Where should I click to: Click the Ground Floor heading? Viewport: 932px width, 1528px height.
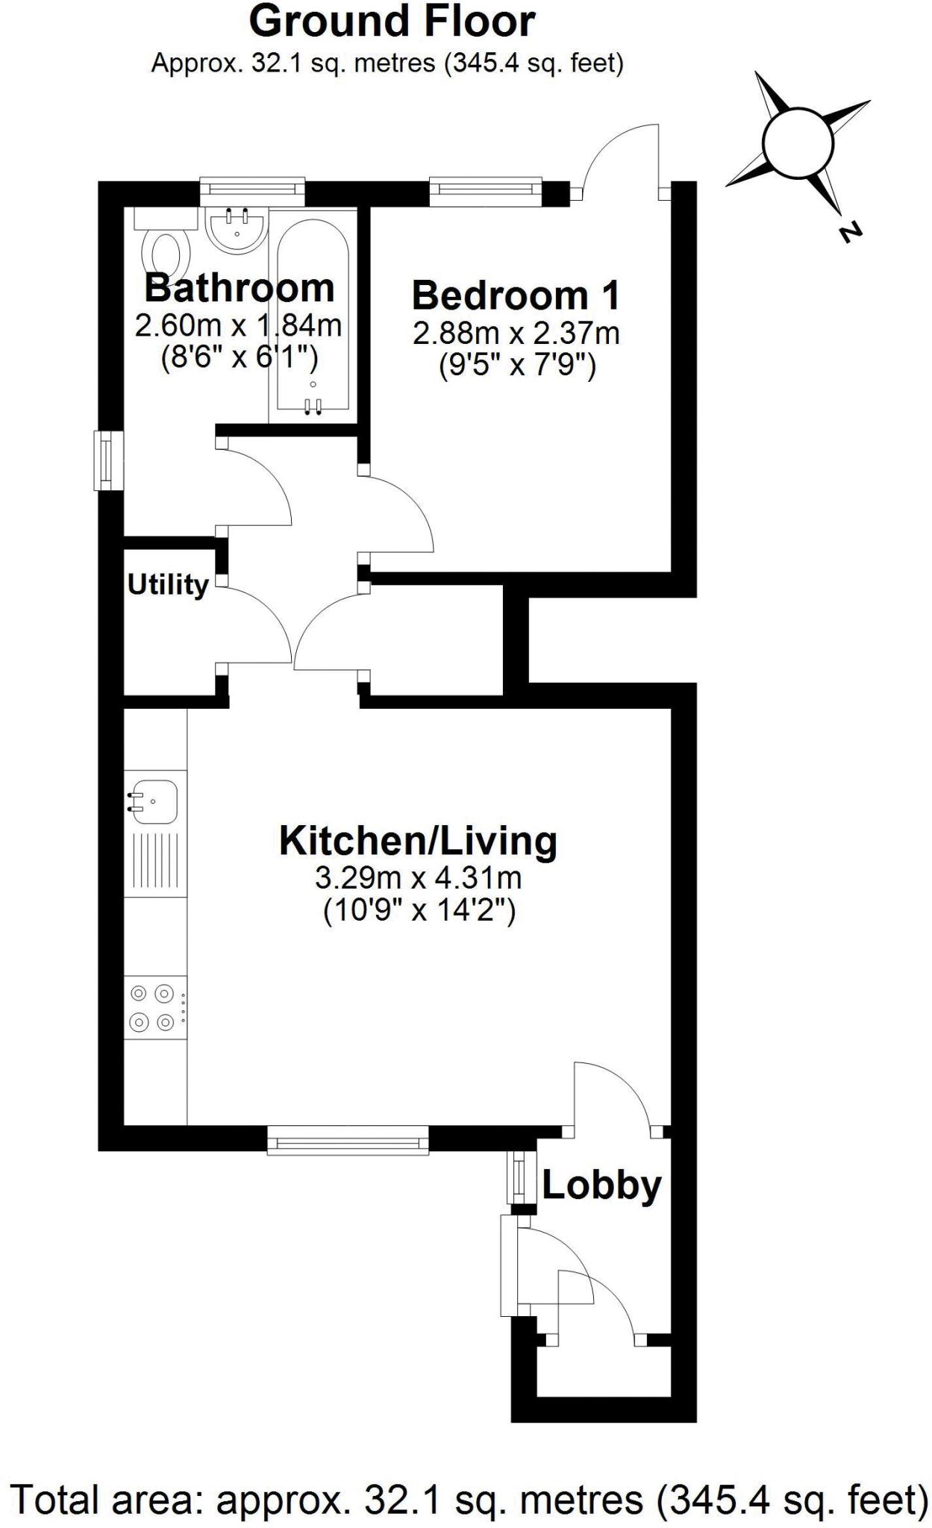pos(392,22)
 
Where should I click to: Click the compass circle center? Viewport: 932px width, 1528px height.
pos(798,142)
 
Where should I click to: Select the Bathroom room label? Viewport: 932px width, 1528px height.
pos(239,287)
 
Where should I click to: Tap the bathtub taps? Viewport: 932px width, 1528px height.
pos(313,404)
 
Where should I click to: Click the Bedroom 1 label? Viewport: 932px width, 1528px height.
pos(516,295)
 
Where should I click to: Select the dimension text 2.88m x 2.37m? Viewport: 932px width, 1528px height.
pos(516,334)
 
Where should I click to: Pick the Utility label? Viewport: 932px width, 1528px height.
pos(168,585)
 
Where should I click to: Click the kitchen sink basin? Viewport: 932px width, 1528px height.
pos(154,801)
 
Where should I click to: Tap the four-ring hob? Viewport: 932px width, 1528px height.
pos(153,1008)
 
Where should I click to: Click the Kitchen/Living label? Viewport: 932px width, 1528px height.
pos(418,841)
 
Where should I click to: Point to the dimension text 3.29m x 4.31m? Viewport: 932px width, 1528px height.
pos(418,878)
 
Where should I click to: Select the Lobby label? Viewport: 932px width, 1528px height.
pos(601,1185)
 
